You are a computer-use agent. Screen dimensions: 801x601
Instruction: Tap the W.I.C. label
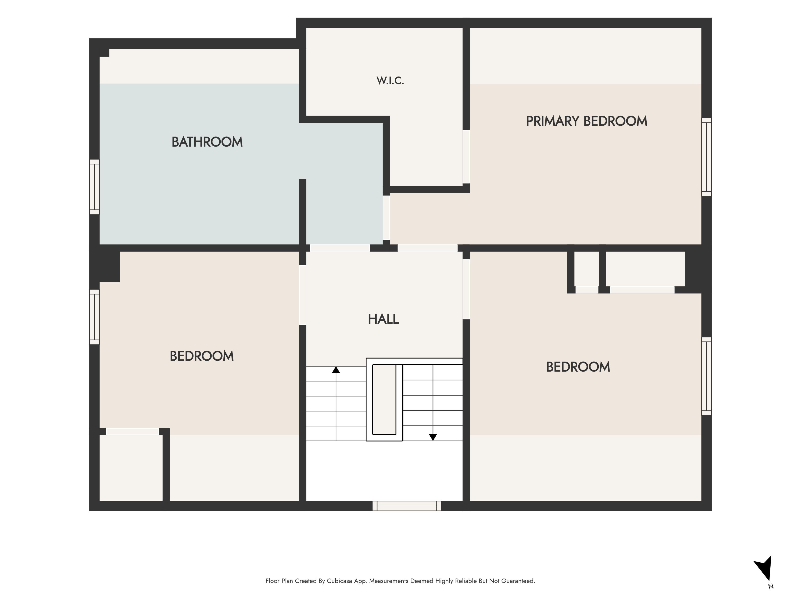pyautogui.click(x=390, y=80)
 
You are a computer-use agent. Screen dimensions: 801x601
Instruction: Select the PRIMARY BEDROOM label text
pyautogui.click(x=586, y=121)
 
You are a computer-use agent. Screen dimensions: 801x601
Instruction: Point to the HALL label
pyautogui.click(x=383, y=319)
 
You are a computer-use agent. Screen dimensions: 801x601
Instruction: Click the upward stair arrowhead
pyautogui.click(x=336, y=370)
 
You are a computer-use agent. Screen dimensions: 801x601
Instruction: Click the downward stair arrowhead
pyautogui.click(x=433, y=437)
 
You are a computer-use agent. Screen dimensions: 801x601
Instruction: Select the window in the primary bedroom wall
pyautogui.click(x=707, y=157)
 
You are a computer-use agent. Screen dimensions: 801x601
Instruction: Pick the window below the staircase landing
pyautogui.click(x=407, y=506)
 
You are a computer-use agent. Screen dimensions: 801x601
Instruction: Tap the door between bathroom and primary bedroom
pyautogui.click(x=386, y=218)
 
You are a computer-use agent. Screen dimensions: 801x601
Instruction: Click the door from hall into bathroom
pyautogui.click(x=340, y=248)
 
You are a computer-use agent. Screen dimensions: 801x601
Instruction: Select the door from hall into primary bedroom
pyautogui.click(x=428, y=248)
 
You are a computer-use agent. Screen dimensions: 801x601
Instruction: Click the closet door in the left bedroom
pyautogui.click(x=132, y=432)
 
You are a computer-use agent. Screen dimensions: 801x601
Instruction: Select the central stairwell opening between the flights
pyautogui.click(x=384, y=399)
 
